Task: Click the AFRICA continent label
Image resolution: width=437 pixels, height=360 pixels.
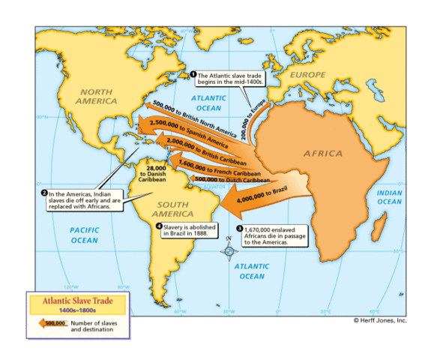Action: point(323,153)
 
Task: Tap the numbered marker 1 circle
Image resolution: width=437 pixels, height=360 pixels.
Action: point(193,74)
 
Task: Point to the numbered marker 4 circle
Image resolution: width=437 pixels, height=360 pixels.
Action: point(158,225)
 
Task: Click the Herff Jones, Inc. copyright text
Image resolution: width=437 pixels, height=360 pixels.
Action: point(380,319)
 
